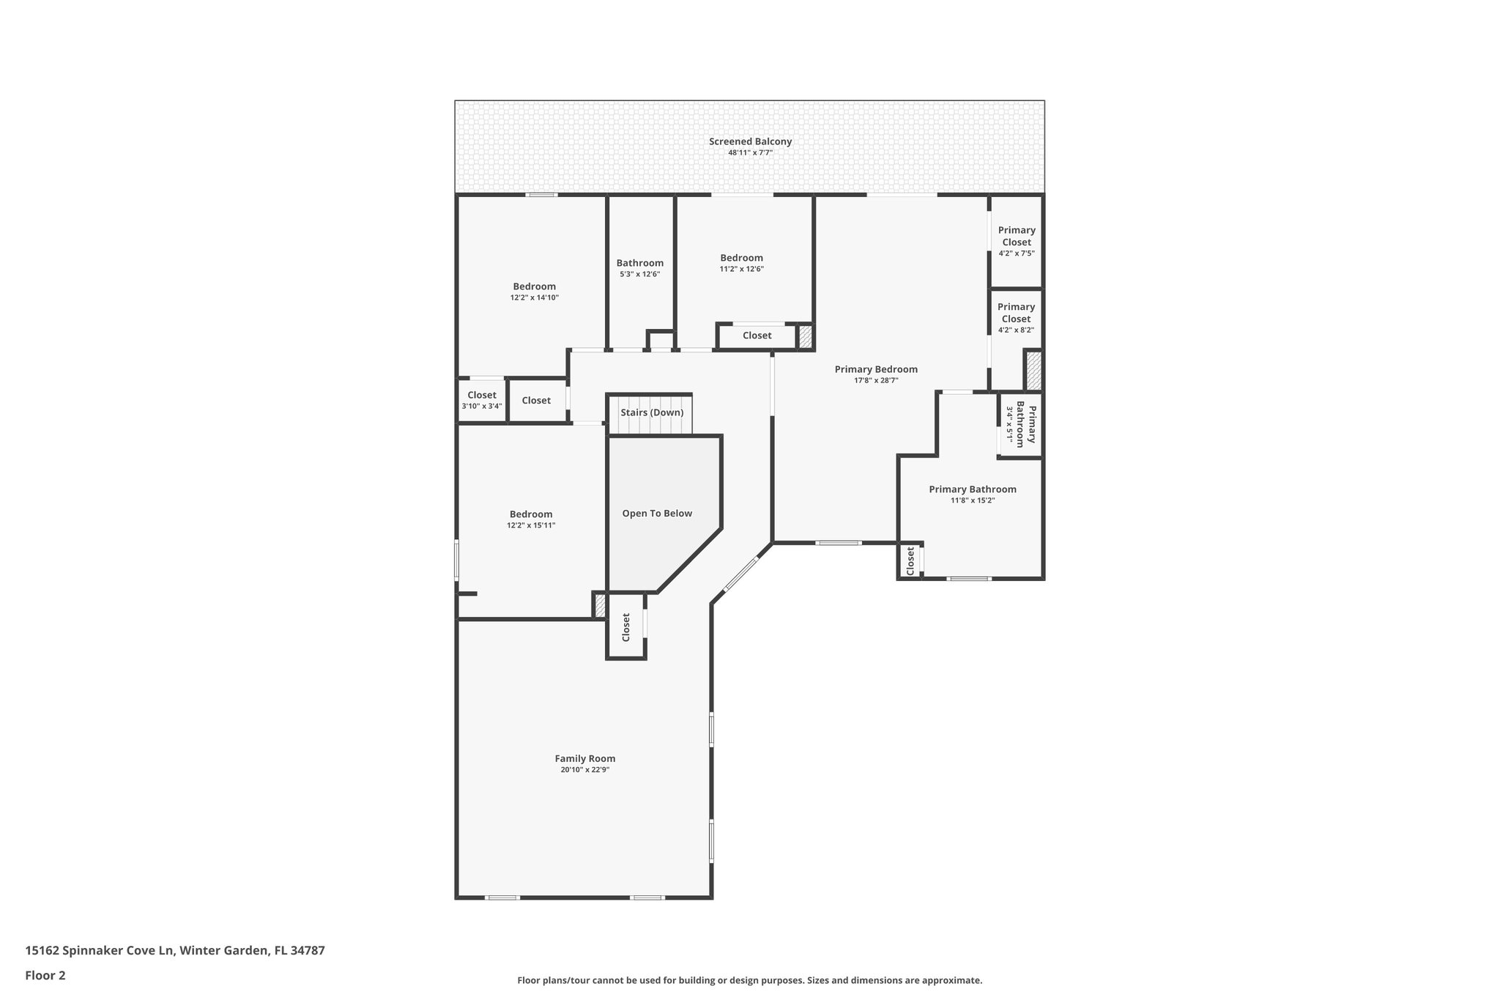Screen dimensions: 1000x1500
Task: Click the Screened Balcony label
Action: pyautogui.click(x=750, y=141)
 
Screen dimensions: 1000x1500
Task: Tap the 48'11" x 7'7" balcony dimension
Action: pyautogui.click(x=750, y=153)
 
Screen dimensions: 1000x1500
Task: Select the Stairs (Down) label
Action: pyautogui.click(x=652, y=412)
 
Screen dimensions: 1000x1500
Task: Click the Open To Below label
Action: pyautogui.click(x=657, y=514)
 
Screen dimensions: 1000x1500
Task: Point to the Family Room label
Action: pyautogui.click(x=584, y=759)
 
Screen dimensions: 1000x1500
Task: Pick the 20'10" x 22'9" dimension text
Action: pyautogui.click(x=584, y=770)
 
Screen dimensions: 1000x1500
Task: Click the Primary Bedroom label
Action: pyautogui.click(x=876, y=369)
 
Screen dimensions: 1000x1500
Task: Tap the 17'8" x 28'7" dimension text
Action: pyautogui.click(x=876, y=380)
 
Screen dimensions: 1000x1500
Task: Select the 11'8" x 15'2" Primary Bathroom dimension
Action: pyautogui.click(x=973, y=500)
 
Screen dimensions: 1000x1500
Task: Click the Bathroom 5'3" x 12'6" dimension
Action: pyautogui.click(x=639, y=274)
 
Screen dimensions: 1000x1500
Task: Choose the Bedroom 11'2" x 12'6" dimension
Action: pyautogui.click(x=741, y=269)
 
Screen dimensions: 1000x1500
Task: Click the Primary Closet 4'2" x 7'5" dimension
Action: pyautogui.click(x=1017, y=253)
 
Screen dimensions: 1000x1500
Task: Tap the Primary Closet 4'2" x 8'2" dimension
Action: pyautogui.click(x=1016, y=330)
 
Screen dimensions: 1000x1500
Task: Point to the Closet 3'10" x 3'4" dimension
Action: pyautogui.click(x=481, y=406)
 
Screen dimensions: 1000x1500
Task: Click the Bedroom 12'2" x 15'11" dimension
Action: pyautogui.click(x=531, y=525)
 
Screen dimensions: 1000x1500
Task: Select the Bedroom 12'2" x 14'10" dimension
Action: pyautogui.click(x=534, y=297)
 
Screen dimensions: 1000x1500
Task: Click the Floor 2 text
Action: pyautogui.click(x=45, y=975)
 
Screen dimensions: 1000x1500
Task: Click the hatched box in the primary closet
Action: pyautogui.click(x=1033, y=371)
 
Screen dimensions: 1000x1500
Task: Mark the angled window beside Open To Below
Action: pyautogui.click(x=741, y=574)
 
